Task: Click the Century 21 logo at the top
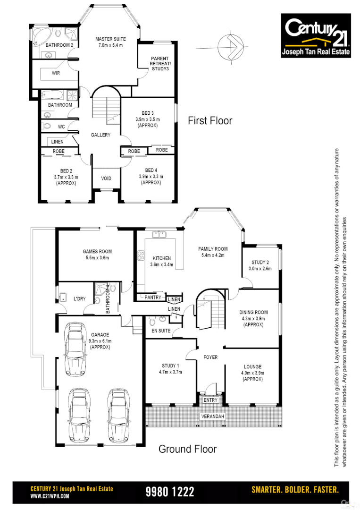click(x=316, y=35)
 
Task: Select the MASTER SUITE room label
click(x=109, y=39)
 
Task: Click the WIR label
click(x=56, y=73)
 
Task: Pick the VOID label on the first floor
click(x=106, y=178)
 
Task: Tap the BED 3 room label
click(x=147, y=113)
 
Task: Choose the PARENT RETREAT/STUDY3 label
click(x=160, y=63)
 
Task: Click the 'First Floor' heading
click(x=210, y=121)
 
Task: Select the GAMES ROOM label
click(x=97, y=252)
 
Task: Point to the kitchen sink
click(x=157, y=234)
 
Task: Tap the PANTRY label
click(x=152, y=297)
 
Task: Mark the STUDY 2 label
click(x=260, y=263)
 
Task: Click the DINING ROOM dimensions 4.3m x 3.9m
click(x=254, y=319)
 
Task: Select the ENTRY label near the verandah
click(x=210, y=400)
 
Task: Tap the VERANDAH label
click(x=212, y=416)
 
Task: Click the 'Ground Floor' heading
click(x=187, y=449)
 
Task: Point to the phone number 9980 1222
click(x=170, y=492)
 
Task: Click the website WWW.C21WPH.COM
click(x=50, y=496)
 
